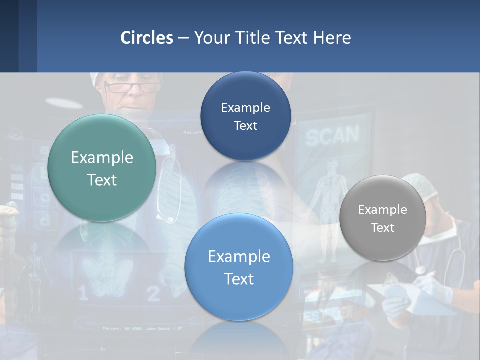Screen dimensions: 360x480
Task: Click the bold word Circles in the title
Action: [147, 38]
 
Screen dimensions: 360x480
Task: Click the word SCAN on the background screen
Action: [332, 135]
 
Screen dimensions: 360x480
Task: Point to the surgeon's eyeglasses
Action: [132, 88]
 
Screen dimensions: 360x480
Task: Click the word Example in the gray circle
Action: [382, 210]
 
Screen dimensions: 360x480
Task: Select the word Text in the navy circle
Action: [245, 125]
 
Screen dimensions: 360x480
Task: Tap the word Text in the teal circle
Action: [102, 180]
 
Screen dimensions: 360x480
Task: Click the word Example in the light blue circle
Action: [239, 257]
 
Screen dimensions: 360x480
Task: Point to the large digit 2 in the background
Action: [154, 294]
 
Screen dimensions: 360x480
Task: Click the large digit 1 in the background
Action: [83, 293]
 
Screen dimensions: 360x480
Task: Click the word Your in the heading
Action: [211, 38]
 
